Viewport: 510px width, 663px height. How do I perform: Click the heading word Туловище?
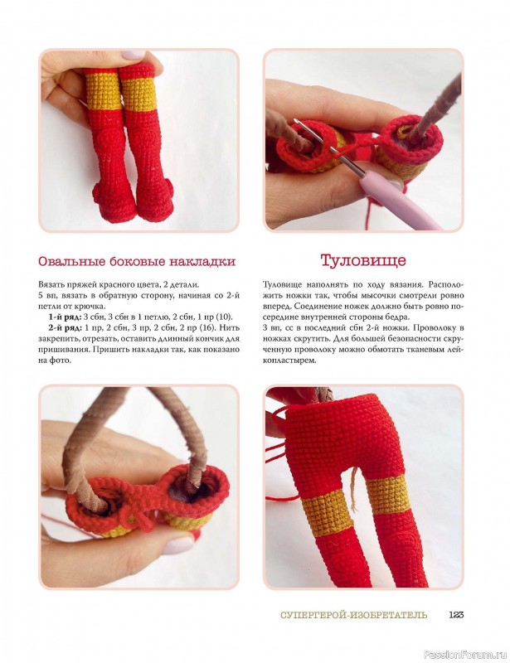click(x=362, y=260)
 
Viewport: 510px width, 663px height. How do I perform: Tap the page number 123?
click(x=456, y=615)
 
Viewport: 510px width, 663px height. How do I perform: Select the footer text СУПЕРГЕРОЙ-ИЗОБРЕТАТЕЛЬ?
click(x=354, y=615)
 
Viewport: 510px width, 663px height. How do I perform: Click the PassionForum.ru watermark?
click(x=465, y=655)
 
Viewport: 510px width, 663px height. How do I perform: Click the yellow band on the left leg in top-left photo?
click(x=104, y=91)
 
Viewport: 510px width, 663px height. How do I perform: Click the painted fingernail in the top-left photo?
click(x=133, y=55)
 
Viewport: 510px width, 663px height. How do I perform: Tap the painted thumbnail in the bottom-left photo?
click(x=179, y=544)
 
